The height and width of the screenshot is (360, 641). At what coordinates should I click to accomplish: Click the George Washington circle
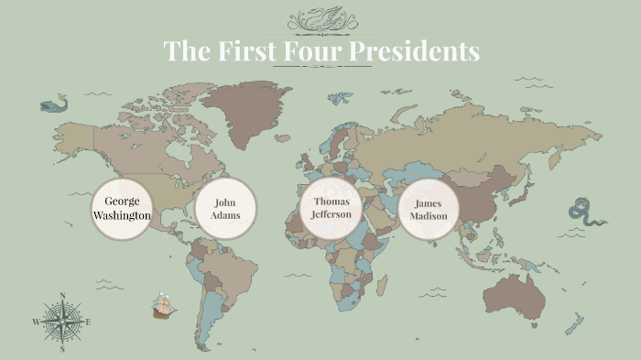(x=121, y=209)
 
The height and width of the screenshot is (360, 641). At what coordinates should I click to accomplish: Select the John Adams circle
(x=226, y=209)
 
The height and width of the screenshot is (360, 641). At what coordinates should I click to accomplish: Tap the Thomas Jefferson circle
(x=331, y=209)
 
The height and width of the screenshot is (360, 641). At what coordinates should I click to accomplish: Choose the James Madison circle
(x=429, y=209)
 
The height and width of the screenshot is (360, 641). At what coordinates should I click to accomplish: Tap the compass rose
(x=62, y=322)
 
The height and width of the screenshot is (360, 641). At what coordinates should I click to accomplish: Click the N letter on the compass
(x=62, y=295)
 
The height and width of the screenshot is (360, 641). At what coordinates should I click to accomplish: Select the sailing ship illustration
(x=165, y=306)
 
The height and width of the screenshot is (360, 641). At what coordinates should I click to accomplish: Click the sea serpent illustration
(x=585, y=213)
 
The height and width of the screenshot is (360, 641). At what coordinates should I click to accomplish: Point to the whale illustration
(x=54, y=104)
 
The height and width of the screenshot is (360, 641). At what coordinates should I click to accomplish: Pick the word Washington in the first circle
(x=122, y=215)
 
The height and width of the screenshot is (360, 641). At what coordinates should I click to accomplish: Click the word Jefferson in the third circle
(x=331, y=214)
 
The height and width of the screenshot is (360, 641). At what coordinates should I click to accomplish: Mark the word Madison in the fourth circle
(x=429, y=216)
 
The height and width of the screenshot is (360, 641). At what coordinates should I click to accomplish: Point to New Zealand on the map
(x=575, y=324)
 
